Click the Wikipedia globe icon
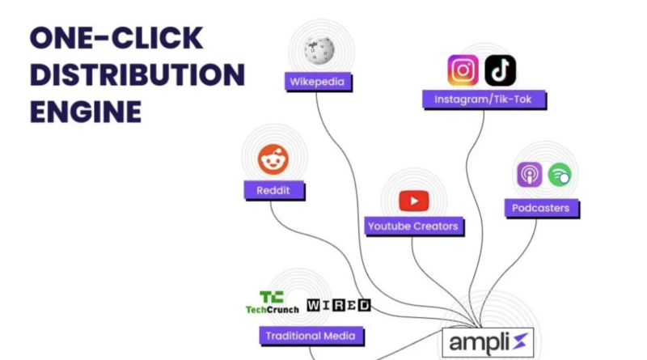[x=319, y=50]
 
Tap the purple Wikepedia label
[x=318, y=82]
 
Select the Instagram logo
[x=463, y=70]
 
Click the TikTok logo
[x=500, y=70]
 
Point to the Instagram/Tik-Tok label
[x=484, y=100]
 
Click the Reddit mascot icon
[x=273, y=159]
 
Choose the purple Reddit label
[x=274, y=190]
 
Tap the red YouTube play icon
[x=414, y=201]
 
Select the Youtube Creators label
[x=413, y=227]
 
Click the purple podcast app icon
[x=530, y=174]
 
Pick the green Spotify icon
[x=560, y=175]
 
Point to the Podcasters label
[x=541, y=208]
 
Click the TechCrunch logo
[x=272, y=303]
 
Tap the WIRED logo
[x=339, y=305]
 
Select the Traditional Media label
[x=311, y=336]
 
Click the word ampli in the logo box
[x=479, y=343]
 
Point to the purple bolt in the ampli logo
[x=520, y=342]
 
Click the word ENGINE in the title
[x=86, y=112]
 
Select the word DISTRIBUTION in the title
[x=137, y=74]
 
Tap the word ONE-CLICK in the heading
[x=116, y=38]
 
